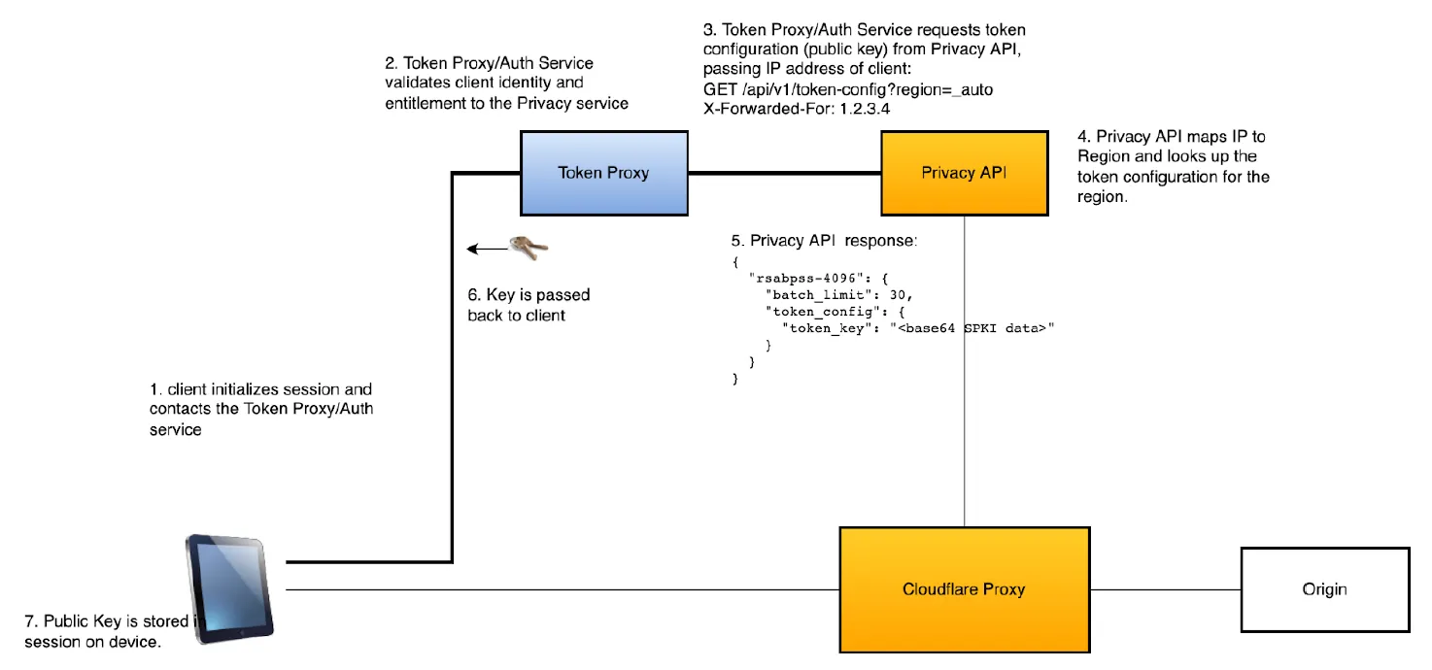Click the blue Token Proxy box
point(603,173)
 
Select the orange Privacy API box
point(964,173)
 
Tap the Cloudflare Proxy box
point(964,588)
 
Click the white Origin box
point(1324,588)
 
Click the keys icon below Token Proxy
point(529,248)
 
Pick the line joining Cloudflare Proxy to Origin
point(1165,588)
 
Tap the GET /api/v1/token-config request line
point(848,89)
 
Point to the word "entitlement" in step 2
point(426,104)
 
